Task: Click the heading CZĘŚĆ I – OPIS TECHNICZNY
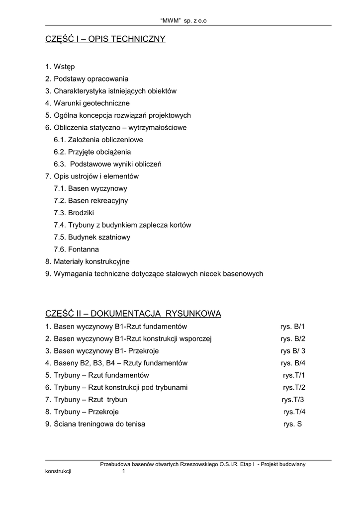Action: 105,39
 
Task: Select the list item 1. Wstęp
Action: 60,67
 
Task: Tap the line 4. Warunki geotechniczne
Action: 88,103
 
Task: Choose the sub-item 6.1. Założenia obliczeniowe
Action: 98,140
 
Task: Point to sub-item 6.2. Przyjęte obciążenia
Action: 92,152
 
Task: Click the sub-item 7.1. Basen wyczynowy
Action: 90,188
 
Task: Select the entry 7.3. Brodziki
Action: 74,213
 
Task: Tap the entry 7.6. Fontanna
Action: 77,249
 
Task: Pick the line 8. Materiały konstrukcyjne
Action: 88,261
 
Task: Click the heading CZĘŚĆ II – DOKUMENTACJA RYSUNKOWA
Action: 133,314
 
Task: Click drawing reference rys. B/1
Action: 293,327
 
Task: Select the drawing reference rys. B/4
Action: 293,363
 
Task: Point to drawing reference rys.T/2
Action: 294,387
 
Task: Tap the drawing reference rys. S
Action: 292,424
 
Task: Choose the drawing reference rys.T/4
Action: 294,412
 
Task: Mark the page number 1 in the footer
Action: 124,472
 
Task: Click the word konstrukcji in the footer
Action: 58,472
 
